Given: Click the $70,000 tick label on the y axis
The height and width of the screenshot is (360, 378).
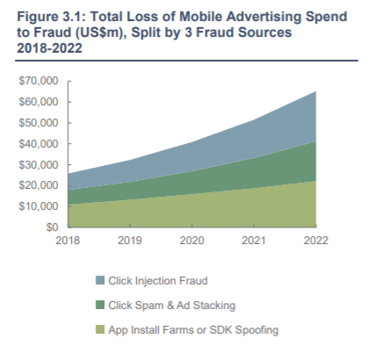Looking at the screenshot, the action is (x=39, y=81).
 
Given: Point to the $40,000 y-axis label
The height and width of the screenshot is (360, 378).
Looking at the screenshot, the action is (x=39, y=144).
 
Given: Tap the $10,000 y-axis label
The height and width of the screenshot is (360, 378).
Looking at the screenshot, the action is (x=39, y=206).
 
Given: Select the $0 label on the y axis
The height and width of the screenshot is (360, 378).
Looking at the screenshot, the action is (x=52, y=227).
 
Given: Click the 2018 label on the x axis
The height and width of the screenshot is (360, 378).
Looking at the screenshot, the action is (x=68, y=241).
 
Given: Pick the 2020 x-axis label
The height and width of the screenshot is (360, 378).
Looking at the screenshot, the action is (x=192, y=241).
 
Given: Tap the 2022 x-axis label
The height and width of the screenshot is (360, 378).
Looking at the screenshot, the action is (x=316, y=241).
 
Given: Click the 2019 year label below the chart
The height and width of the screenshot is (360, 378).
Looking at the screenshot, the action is (x=130, y=241).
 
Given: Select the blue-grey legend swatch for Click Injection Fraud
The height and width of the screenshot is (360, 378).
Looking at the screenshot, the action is (x=100, y=280).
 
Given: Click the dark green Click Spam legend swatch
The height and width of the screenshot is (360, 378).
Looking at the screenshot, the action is (x=100, y=305).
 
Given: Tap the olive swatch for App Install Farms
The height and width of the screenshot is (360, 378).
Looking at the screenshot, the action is (x=100, y=329).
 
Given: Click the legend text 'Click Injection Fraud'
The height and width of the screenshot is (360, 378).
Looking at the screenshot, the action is (x=158, y=281).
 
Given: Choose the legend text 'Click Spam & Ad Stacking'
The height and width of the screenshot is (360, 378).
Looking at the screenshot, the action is (x=172, y=306).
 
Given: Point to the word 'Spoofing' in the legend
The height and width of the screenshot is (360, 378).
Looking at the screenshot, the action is (x=257, y=330).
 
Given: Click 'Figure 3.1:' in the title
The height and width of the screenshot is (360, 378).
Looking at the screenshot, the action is (x=51, y=17).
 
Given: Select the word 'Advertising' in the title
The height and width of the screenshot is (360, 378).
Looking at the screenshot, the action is (x=264, y=17).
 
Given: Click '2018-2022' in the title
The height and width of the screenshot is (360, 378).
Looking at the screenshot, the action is (x=49, y=48).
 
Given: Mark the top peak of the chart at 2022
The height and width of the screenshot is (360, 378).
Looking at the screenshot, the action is (x=316, y=91).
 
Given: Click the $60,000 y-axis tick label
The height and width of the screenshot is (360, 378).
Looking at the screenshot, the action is (x=39, y=102).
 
